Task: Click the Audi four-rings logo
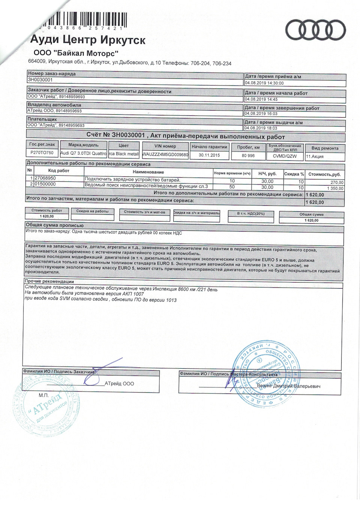315,30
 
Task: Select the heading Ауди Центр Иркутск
88,40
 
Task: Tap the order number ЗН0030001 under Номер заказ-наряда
40,80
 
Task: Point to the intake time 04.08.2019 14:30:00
264,83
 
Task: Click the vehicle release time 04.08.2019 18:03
261,128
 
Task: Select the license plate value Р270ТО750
42,153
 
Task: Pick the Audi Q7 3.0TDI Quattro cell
83,153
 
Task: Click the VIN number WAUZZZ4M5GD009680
165,154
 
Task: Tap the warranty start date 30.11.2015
209,155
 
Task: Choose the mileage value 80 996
248,156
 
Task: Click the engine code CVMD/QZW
285,156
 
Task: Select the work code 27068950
45,178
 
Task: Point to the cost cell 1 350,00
335,188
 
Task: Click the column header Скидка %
294,174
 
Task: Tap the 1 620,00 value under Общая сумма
311,220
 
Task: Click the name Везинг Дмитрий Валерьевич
288,386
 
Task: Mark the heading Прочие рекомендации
49,281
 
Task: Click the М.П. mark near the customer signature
43,395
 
